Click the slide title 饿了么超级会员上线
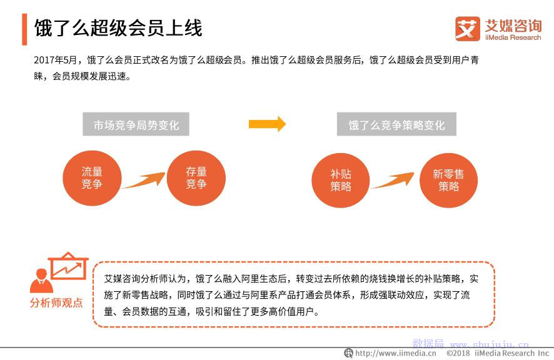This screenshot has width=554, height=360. (118, 28)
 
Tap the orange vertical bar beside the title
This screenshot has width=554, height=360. (24, 29)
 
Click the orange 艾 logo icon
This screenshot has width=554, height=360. (468, 29)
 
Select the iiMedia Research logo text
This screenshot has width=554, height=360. (513, 37)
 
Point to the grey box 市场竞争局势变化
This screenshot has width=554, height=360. (136, 124)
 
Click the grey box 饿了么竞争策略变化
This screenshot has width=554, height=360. (396, 124)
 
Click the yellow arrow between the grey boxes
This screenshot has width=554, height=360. (268, 124)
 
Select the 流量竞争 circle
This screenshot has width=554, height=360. (92, 178)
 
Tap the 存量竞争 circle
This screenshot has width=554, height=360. (196, 178)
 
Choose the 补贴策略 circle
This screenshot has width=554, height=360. (341, 180)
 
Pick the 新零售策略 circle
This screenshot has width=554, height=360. (449, 180)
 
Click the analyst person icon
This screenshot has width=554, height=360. (41, 281)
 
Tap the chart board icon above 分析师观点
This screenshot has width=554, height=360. (68, 266)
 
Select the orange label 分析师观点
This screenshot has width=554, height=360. (56, 302)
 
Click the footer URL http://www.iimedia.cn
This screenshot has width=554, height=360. (396, 353)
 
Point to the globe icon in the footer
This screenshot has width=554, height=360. (349, 353)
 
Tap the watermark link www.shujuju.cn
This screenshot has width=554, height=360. (490, 344)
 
